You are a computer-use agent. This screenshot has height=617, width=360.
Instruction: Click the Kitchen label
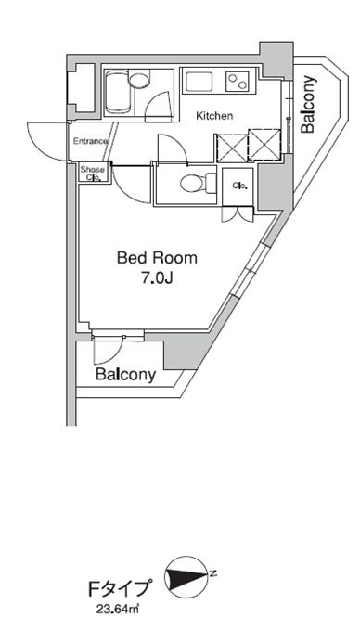(x=214, y=116)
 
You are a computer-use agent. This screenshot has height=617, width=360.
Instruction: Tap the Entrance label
(x=91, y=141)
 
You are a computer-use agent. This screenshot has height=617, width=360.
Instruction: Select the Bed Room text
(x=157, y=258)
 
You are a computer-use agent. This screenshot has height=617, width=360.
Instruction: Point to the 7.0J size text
(x=157, y=278)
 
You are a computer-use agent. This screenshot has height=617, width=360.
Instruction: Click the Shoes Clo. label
(x=93, y=174)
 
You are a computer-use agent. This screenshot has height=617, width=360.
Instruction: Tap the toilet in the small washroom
(x=198, y=183)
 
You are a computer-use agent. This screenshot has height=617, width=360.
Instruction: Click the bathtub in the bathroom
(x=118, y=93)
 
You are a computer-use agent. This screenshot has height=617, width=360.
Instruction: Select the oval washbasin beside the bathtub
(x=140, y=81)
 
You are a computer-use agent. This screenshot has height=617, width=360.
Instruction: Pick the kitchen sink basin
(x=199, y=82)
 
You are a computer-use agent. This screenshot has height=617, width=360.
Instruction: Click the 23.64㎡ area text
(x=118, y=610)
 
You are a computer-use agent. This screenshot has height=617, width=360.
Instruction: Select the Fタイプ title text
(x=119, y=590)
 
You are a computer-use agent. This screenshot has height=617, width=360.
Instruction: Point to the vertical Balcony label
(x=308, y=104)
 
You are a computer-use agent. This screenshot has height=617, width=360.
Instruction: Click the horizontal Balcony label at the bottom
(x=125, y=375)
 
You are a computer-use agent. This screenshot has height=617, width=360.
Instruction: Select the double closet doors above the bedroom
(x=238, y=213)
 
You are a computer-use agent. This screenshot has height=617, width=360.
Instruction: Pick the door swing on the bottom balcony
(x=109, y=350)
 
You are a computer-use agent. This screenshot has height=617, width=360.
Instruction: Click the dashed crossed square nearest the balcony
(x=265, y=145)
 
